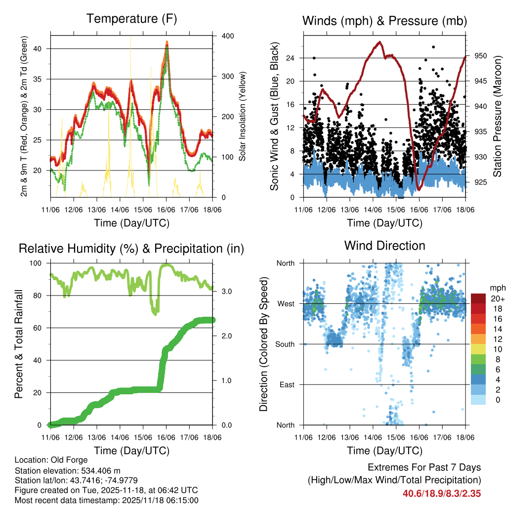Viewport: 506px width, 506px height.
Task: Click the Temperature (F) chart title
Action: tap(131, 19)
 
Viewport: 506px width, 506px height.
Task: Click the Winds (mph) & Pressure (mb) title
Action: tap(384, 21)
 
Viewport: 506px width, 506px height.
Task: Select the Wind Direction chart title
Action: tap(384, 246)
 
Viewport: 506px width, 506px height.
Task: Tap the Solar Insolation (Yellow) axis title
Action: tap(243, 116)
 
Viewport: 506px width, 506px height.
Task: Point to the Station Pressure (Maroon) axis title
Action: tap(497, 116)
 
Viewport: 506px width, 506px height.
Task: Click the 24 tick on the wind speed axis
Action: tap(291, 58)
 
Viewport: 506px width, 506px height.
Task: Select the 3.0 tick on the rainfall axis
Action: tap(224, 291)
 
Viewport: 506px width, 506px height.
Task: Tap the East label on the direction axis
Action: tap(286, 384)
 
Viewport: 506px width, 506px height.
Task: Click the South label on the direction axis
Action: tap(285, 344)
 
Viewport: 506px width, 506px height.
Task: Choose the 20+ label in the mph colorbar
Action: tap(497, 298)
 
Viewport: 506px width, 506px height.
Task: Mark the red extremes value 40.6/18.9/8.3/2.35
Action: tap(442, 493)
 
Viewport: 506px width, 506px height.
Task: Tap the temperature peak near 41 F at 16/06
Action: tap(167, 42)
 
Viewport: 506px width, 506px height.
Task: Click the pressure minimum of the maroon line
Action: tap(419, 189)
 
